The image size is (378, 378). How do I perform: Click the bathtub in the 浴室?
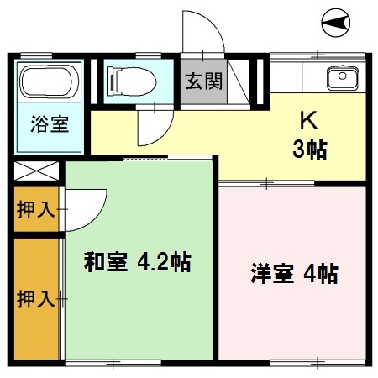47,85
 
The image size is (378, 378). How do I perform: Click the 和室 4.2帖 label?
137,263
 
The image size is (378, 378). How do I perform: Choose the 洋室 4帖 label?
293,273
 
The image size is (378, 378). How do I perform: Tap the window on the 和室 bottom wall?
113,363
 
